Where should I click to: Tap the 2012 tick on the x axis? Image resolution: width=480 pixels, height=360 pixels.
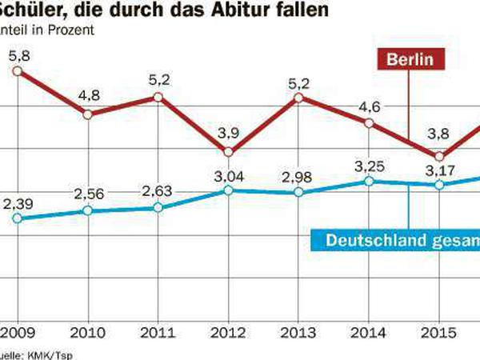click(228, 330)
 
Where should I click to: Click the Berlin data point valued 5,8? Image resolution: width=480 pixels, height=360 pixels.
click(18, 72)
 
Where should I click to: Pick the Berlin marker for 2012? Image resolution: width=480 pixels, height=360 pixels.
click(228, 152)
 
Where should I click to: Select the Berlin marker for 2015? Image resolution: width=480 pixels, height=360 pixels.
click(438, 155)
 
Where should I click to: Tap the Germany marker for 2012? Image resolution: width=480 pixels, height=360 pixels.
click(228, 190)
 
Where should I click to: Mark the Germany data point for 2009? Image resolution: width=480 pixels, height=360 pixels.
click(18, 218)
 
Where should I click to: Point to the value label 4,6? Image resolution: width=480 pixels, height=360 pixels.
click(369, 106)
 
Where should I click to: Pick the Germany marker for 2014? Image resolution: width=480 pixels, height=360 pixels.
click(369, 182)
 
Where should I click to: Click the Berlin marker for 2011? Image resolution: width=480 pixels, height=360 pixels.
click(158, 97)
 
